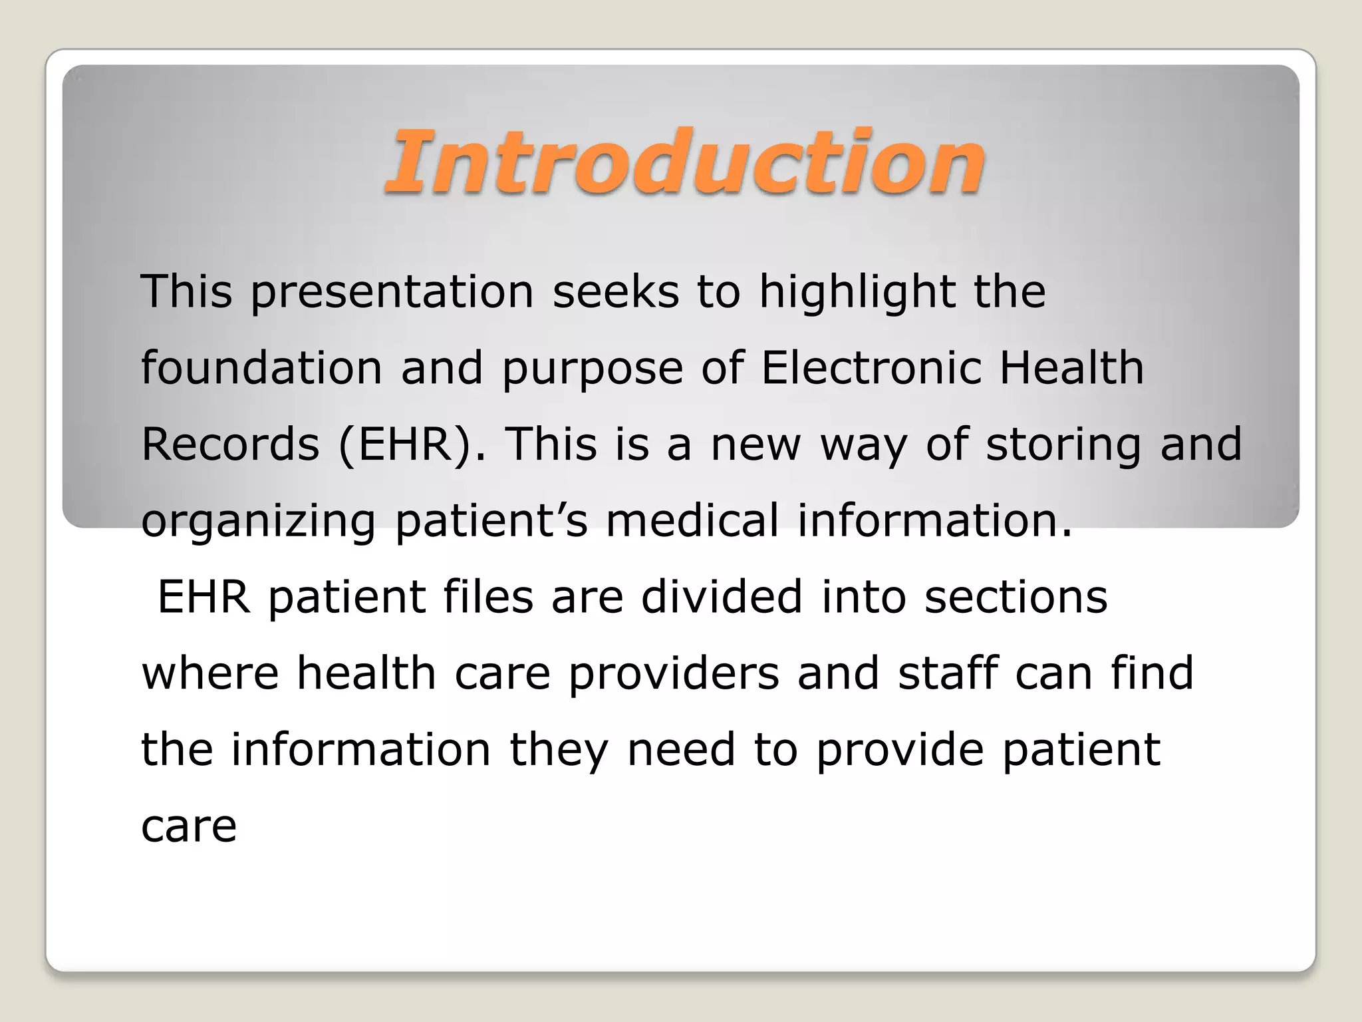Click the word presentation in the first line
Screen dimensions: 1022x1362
(392, 293)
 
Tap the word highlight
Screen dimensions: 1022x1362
(857, 293)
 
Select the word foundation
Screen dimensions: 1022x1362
(261, 368)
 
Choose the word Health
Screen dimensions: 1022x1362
(1071, 368)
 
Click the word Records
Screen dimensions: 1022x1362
(230, 444)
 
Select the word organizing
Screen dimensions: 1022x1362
(259, 522)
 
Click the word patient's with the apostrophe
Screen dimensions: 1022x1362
(491, 522)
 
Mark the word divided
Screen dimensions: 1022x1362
(722, 597)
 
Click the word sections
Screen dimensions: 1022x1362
(1016, 597)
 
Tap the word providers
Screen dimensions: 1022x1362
(673, 674)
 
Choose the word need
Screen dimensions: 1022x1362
(681, 750)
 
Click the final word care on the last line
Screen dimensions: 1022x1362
(189, 827)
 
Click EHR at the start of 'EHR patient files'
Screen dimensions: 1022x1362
(204, 597)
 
